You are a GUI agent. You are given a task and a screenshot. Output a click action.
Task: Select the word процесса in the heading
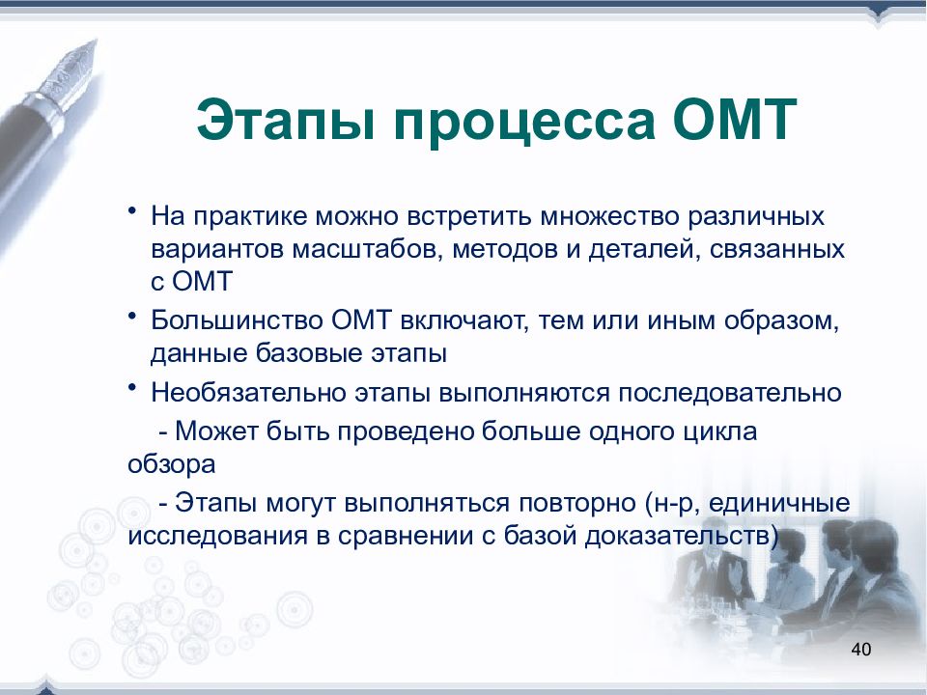coord(523,125)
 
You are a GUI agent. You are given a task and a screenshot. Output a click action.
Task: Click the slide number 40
coord(860,649)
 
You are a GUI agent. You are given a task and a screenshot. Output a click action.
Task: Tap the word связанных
coord(776,249)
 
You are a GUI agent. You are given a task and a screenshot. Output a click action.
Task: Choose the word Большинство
coord(237,320)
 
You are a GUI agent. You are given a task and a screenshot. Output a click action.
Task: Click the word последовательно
coord(730,393)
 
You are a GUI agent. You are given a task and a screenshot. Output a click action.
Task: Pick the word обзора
coord(172,465)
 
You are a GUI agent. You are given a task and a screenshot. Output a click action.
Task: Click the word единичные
coord(779,504)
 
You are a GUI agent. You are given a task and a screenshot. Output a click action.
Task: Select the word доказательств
coord(678,537)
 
